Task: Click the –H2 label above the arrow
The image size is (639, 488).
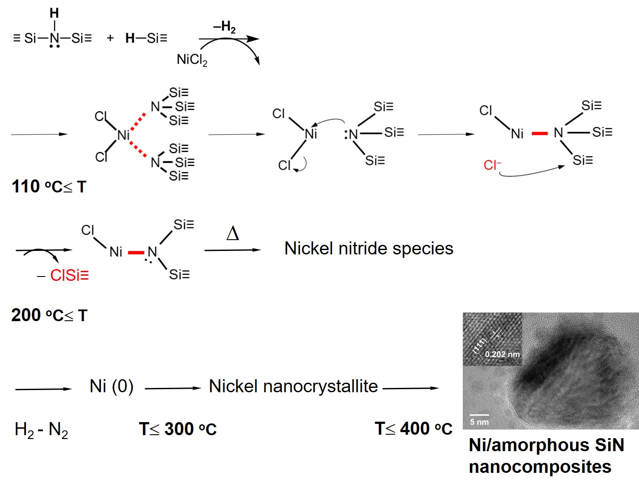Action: pyautogui.click(x=224, y=27)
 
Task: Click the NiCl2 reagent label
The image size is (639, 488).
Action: pyautogui.click(x=192, y=59)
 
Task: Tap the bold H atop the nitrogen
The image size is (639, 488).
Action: pyautogui.click(x=54, y=13)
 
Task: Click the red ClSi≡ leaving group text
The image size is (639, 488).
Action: pyautogui.click(x=69, y=275)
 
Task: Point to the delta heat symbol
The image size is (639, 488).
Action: pyautogui.click(x=232, y=234)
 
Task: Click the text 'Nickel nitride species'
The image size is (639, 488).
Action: pyautogui.click(x=368, y=249)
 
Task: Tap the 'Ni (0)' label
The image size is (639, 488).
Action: pyautogui.click(x=111, y=386)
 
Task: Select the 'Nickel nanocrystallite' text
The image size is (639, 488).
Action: pyautogui.click(x=293, y=386)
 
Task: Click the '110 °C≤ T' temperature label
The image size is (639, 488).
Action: pyautogui.click(x=49, y=187)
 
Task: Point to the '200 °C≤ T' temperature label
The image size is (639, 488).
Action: pyautogui.click(x=49, y=316)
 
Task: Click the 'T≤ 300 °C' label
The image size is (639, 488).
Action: pyautogui.click(x=177, y=429)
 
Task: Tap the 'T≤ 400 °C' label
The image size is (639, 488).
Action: pyautogui.click(x=413, y=429)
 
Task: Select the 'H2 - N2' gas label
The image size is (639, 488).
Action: pyautogui.click(x=41, y=430)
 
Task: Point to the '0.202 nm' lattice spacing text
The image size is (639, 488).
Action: pyautogui.click(x=502, y=354)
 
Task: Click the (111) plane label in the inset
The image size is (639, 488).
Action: pyautogui.click(x=480, y=346)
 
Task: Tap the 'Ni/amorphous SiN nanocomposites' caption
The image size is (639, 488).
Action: pyautogui.click(x=546, y=456)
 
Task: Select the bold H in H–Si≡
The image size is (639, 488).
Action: pyautogui.click(x=130, y=38)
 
